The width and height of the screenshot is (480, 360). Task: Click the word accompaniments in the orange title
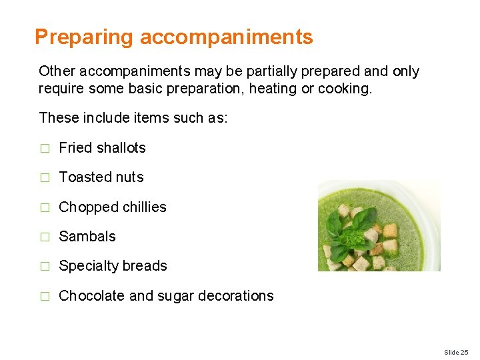(227, 37)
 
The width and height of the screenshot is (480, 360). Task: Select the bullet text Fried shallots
(102, 148)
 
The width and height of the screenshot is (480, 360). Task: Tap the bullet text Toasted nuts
(101, 177)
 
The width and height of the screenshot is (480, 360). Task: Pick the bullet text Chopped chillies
(113, 207)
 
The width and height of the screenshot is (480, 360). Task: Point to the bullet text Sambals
(87, 237)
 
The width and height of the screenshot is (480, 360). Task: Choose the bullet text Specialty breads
(113, 266)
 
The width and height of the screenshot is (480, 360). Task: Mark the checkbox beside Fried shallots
(45, 149)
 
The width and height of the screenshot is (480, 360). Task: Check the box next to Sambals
(45, 237)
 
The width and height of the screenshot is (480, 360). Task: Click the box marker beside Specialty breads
(45, 267)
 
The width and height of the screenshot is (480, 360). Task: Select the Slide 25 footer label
(456, 352)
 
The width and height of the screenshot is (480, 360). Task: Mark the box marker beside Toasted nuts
(45, 178)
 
